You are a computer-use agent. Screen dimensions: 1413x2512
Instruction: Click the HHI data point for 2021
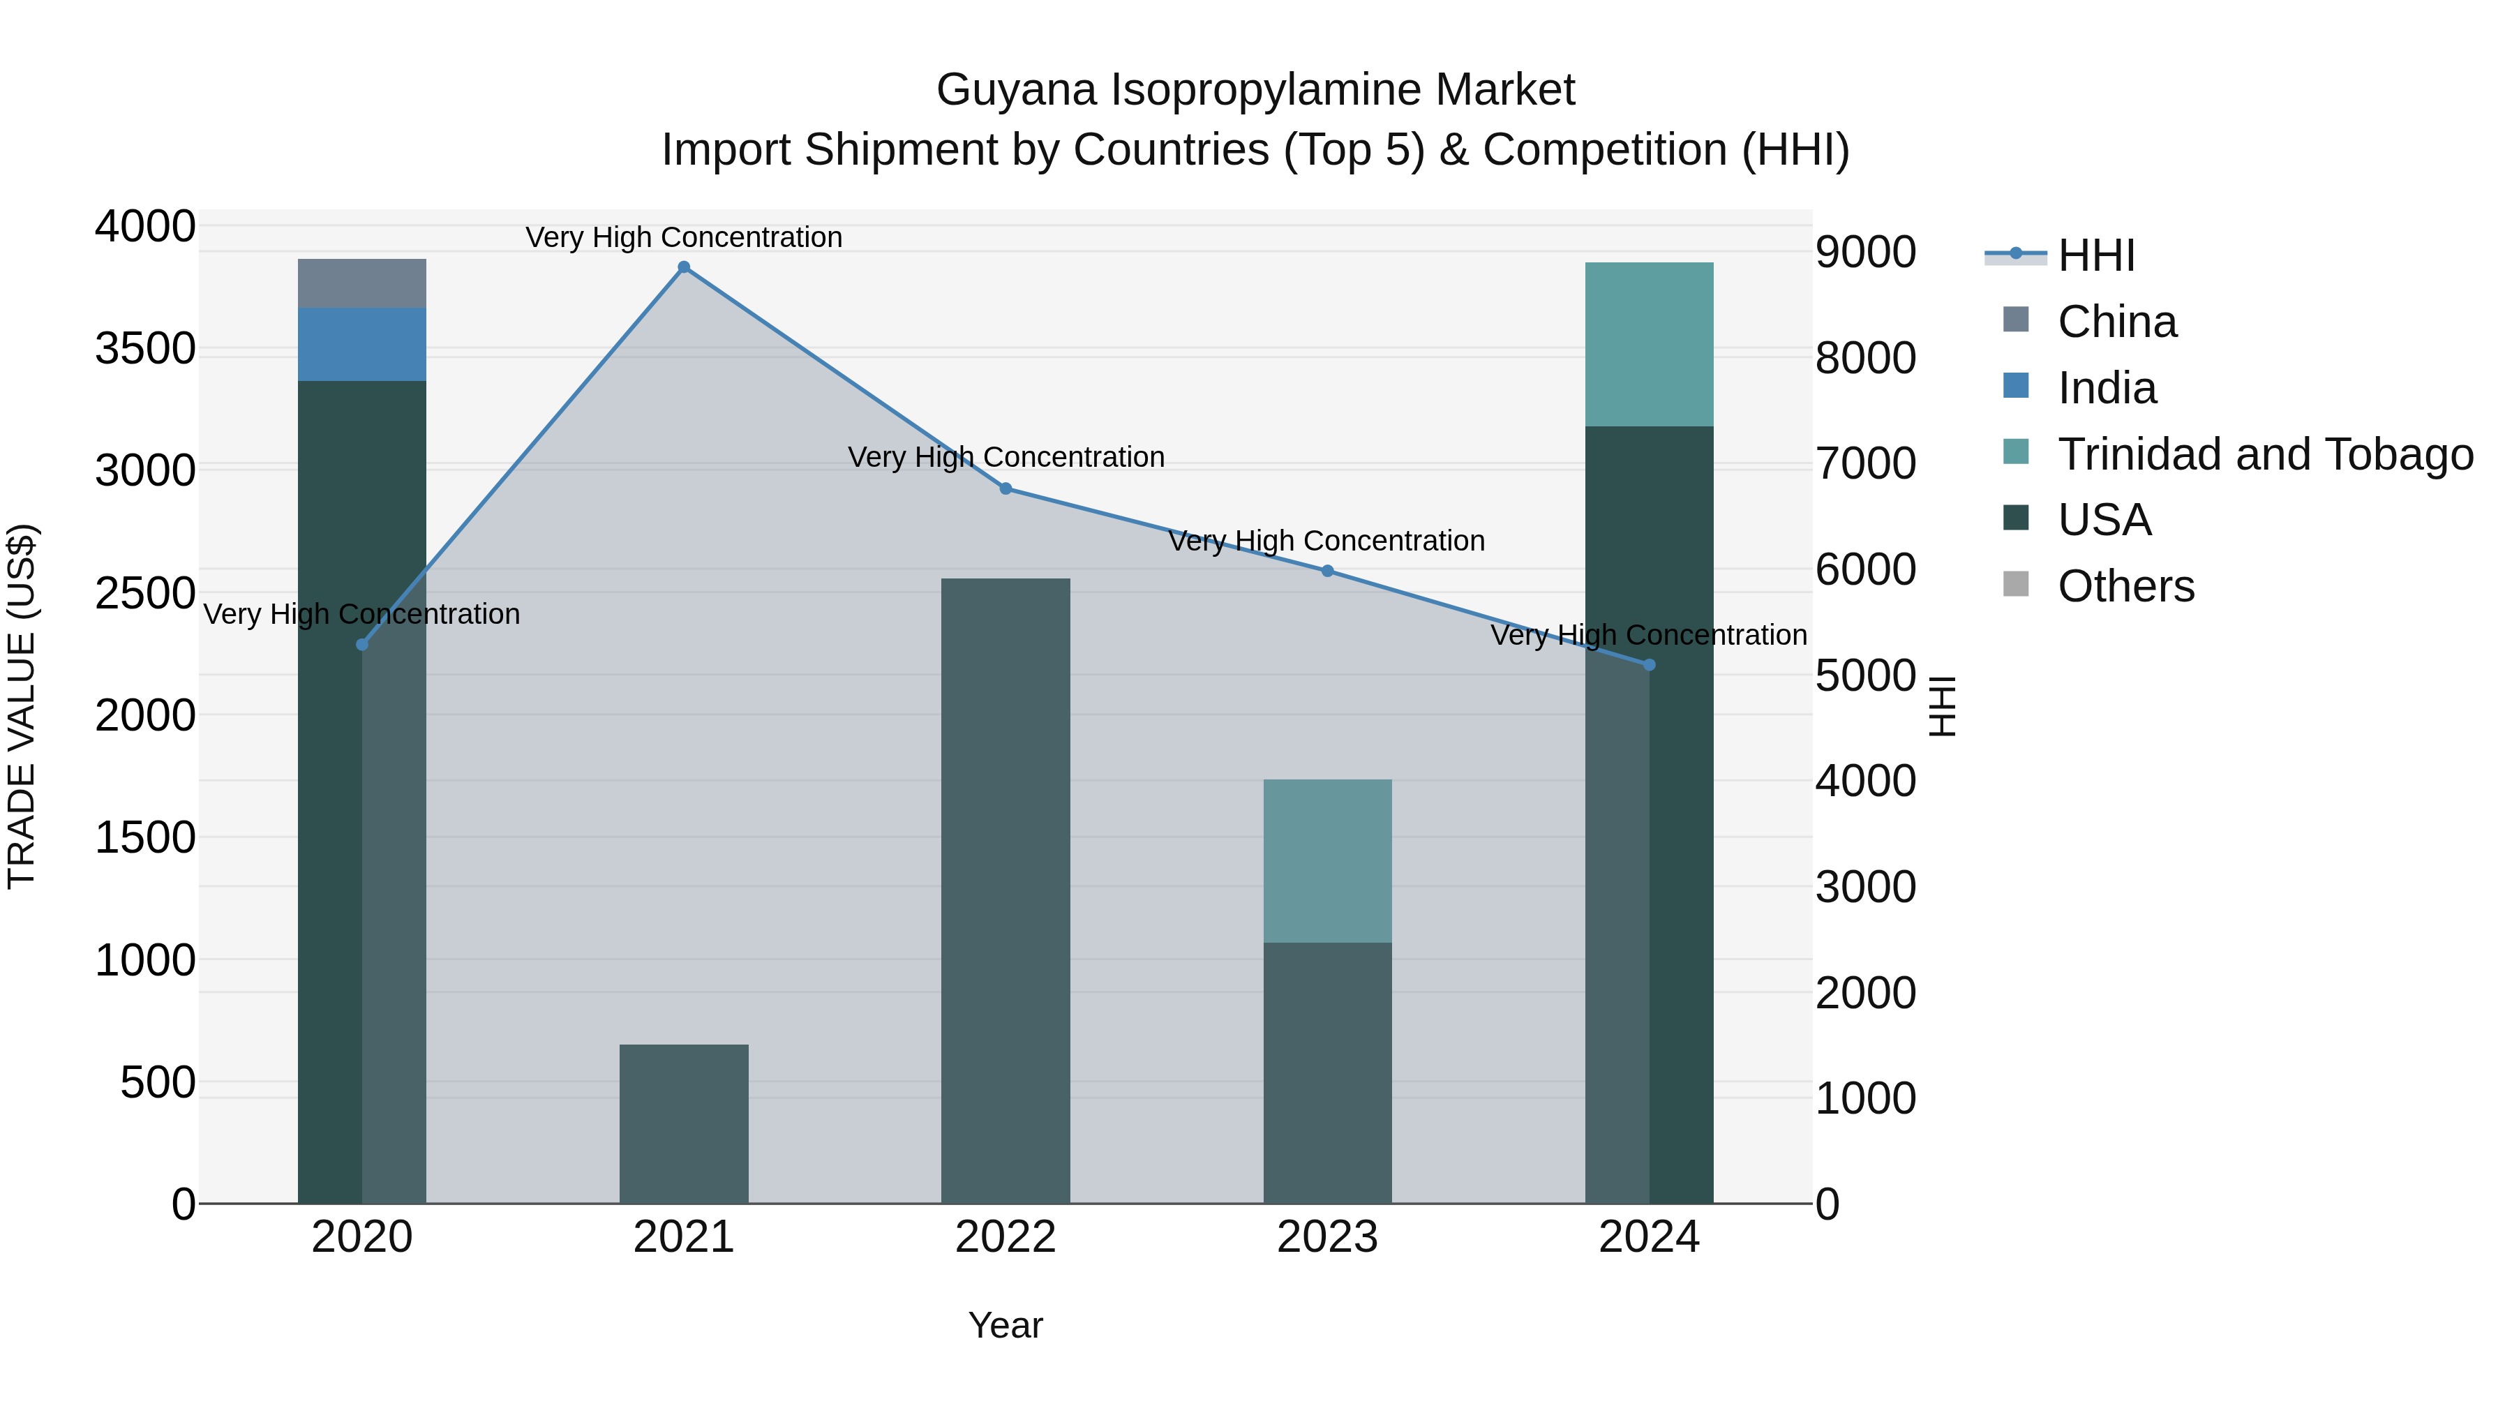point(684,267)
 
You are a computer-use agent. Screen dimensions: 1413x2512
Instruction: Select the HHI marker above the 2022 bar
point(1005,488)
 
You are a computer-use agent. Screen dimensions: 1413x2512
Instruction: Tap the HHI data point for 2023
point(1327,571)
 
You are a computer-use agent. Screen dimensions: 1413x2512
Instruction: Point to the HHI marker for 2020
point(361,645)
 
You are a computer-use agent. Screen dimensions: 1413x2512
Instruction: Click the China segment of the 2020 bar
point(361,284)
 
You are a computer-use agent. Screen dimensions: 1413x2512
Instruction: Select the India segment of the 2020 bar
point(361,344)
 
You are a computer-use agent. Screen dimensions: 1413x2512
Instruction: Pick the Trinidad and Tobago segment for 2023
point(1327,860)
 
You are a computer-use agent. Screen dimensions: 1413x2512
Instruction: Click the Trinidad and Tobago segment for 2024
point(1649,344)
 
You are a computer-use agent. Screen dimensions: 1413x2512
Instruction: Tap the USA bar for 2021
point(684,1123)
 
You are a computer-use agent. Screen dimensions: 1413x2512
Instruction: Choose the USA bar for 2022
point(1005,890)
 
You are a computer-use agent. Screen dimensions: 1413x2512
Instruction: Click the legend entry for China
point(2116,322)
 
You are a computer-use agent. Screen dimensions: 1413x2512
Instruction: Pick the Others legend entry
point(2126,587)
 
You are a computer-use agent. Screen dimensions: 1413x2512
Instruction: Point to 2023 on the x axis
point(1327,1237)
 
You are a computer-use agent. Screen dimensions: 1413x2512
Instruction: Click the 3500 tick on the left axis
point(145,348)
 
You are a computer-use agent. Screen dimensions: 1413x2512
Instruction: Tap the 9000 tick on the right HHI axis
point(1865,253)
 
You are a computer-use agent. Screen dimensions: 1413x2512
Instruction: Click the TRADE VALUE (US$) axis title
point(22,706)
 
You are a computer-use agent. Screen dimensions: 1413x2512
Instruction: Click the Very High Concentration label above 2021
point(684,237)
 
